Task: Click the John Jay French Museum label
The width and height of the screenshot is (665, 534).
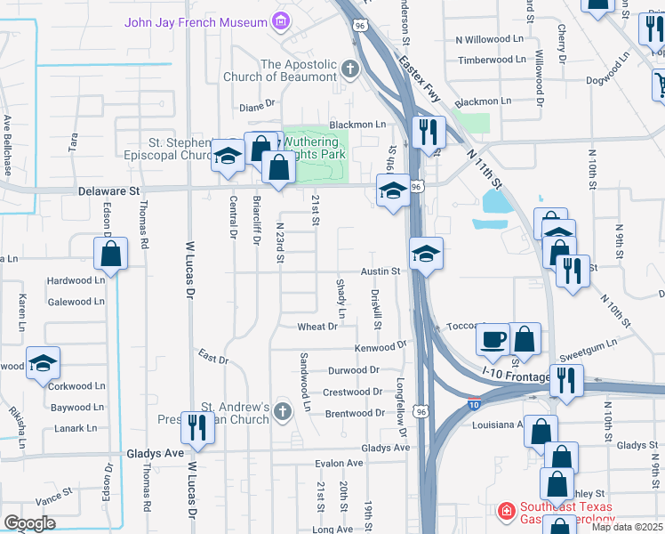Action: (196, 21)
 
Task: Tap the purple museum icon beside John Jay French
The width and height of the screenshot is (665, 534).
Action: (282, 20)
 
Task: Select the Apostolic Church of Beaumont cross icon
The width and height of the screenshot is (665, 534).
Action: (349, 69)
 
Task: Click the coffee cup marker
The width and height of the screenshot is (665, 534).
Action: (493, 339)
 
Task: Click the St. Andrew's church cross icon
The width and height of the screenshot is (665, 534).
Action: (282, 411)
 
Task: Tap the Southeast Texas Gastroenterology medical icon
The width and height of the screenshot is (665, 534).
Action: (506, 511)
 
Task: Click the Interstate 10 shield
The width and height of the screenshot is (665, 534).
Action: (475, 404)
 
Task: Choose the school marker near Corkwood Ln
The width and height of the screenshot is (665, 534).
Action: (43, 363)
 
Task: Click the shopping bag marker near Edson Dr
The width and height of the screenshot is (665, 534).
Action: (110, 253)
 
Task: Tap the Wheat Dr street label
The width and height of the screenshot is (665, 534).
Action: (317, 327)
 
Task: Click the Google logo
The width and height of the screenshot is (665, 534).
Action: (29, 523)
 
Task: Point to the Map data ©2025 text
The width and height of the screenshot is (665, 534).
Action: (626, 527)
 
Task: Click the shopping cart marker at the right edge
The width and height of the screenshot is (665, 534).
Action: (659, 85)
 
